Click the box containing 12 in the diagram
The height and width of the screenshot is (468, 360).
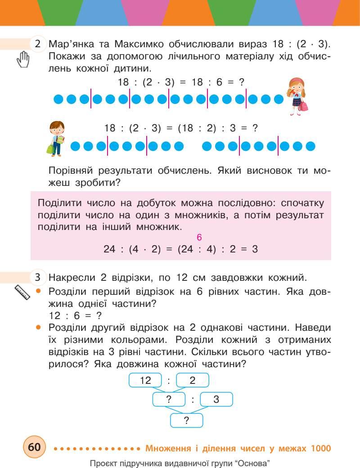pos(145,380)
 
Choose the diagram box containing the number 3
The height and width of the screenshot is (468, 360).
pos(216,399)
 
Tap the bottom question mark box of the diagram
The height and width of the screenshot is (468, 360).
pos(187,420)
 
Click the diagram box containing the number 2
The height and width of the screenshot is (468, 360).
pos(193,380)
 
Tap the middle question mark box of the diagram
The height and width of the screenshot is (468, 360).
pos(169,399)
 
